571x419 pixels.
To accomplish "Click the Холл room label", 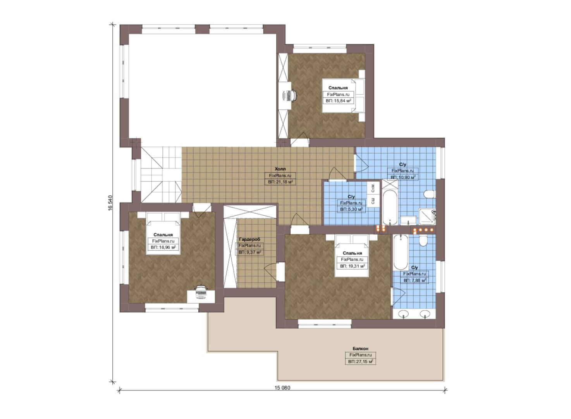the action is coord(280,169).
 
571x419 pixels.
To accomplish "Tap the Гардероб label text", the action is coord(249,239).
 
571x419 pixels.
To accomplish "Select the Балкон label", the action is coord(360,348).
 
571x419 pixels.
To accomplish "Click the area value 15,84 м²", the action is coord(338,101).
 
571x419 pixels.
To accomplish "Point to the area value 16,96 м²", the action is coord(163,248).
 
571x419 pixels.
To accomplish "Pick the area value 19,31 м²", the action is coord(352,266).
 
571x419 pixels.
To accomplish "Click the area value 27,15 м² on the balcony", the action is coord(360,362).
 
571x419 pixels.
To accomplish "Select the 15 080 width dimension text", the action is coord(282,388).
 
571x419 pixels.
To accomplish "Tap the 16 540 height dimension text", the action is coord(110,203).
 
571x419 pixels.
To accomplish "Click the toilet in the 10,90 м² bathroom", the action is coord(429,194).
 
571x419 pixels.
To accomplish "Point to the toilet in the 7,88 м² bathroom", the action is coord(423,241).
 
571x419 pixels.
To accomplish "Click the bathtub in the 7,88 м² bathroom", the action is coord(401,252).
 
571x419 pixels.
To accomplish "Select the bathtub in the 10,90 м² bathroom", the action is coord(390,207).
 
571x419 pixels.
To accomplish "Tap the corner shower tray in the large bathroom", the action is coord(427,216).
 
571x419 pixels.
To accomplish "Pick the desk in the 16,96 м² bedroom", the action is coord(201,296).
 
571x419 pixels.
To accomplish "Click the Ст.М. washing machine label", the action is coord(373,188).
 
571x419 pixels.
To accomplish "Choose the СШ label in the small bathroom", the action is coord(373,201).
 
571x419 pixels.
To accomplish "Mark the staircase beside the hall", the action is coord(161,175).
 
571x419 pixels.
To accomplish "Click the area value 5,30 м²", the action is coord(351,209).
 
